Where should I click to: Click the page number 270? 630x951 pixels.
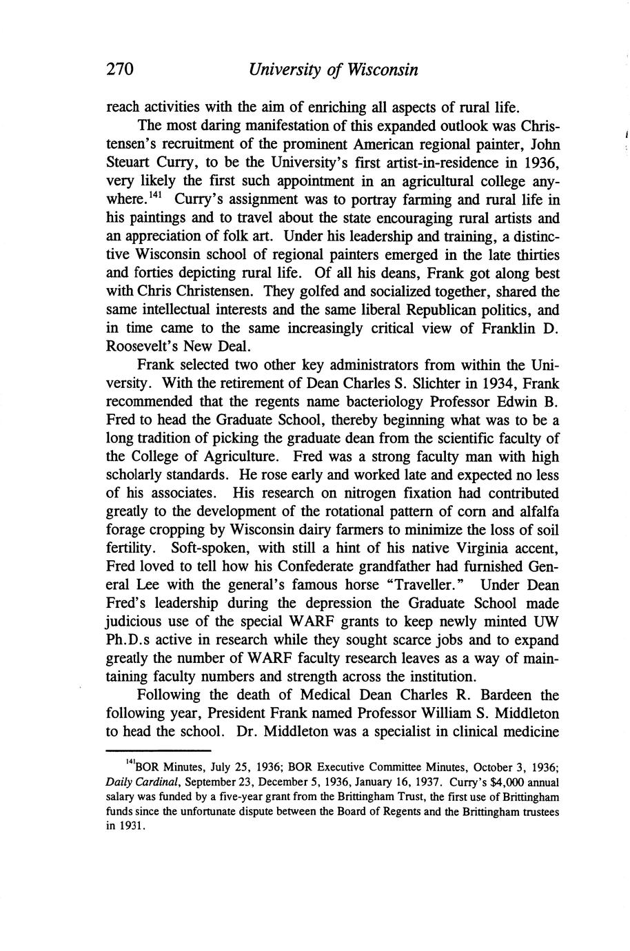coord(119,70)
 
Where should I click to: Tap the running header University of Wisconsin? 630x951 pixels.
coord(334,70)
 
